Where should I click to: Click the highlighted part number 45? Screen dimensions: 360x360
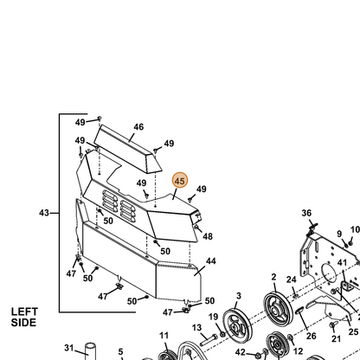(180, 181)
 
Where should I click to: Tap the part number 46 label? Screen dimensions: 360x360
(138, 126)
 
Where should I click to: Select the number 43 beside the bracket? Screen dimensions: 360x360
(44, 213)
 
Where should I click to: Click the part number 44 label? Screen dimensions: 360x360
(211, 260)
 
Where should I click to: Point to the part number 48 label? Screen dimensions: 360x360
(208, 236)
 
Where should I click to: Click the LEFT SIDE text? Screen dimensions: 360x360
(24, 317)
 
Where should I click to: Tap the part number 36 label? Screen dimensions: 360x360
(306, 213)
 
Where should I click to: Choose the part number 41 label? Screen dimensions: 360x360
(342, 262)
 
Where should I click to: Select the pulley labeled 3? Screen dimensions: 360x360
(238, 325)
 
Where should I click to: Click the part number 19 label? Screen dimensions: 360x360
(214, 317)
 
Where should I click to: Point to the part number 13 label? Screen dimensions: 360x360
(196, 328)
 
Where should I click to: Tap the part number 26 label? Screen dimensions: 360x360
(312, 336)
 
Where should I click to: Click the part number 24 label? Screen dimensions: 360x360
(292, 280)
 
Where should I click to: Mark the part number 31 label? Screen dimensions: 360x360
(69, 348)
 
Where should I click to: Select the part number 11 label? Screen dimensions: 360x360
(164, 336)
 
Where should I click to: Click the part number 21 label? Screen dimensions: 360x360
(336, 338)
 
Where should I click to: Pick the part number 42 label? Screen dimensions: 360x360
(241, 352)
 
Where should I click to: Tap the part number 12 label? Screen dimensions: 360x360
(298, 351)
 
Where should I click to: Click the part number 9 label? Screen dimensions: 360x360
(339, 234)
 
